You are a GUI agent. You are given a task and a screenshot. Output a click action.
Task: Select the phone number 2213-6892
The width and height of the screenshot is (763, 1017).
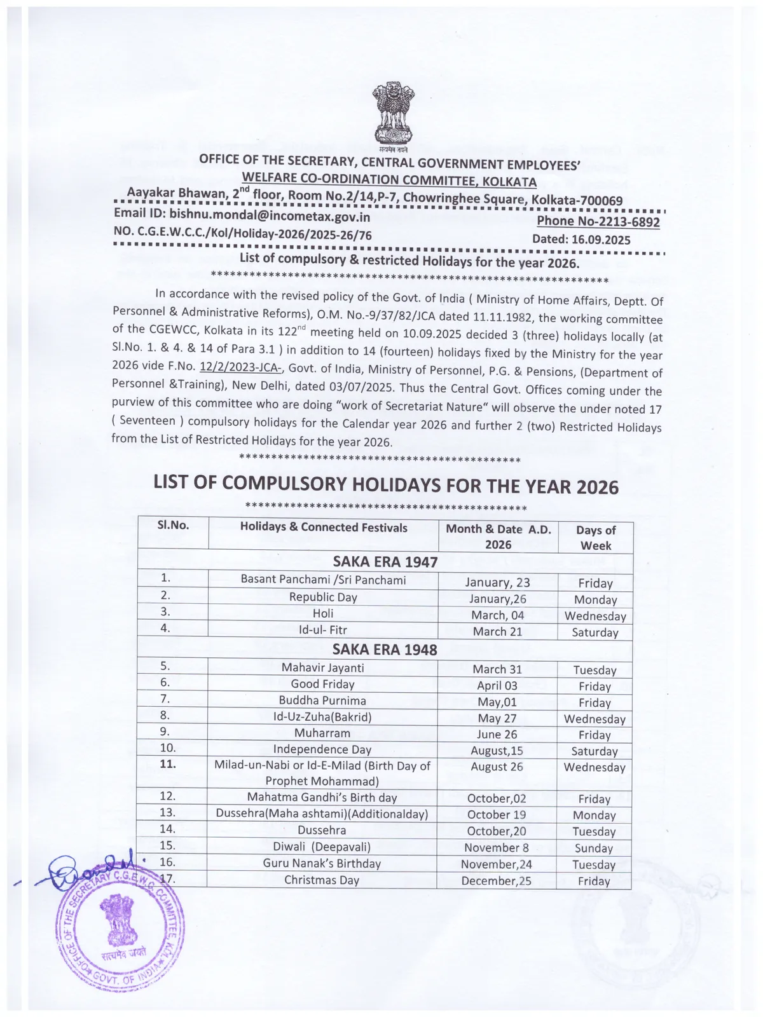point(622,221)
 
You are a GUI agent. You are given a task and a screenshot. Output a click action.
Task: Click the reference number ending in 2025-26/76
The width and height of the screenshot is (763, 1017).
point(242,235)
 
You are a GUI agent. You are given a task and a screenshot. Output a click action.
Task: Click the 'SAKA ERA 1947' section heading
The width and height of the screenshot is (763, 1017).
point(385,562)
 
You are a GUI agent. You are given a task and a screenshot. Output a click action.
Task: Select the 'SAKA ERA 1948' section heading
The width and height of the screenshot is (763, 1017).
point(385,649)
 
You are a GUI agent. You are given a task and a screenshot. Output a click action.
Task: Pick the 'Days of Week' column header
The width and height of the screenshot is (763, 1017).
point(595,537)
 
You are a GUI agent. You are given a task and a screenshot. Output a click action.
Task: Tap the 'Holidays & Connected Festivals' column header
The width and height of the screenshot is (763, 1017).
point(323,527)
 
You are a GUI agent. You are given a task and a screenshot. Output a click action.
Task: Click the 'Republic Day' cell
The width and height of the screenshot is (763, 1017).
point(323,597)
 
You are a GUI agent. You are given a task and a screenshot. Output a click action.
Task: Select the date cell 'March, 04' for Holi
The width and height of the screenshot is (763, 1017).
point(498,615)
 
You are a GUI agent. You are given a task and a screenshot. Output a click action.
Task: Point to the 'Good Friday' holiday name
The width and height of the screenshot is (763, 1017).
point(322,684)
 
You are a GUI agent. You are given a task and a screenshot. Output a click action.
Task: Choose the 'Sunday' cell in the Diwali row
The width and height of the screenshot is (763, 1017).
point(593,848)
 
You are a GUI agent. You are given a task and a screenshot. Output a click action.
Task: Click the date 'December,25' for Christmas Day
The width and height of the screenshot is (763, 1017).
point(496,881)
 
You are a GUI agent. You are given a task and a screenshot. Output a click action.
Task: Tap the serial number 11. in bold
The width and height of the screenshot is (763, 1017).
point(167,763)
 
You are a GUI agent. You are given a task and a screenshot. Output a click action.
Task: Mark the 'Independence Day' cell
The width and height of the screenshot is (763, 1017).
point(322,749)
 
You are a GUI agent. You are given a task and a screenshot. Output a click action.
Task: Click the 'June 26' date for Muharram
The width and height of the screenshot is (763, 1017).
point(497,734)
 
